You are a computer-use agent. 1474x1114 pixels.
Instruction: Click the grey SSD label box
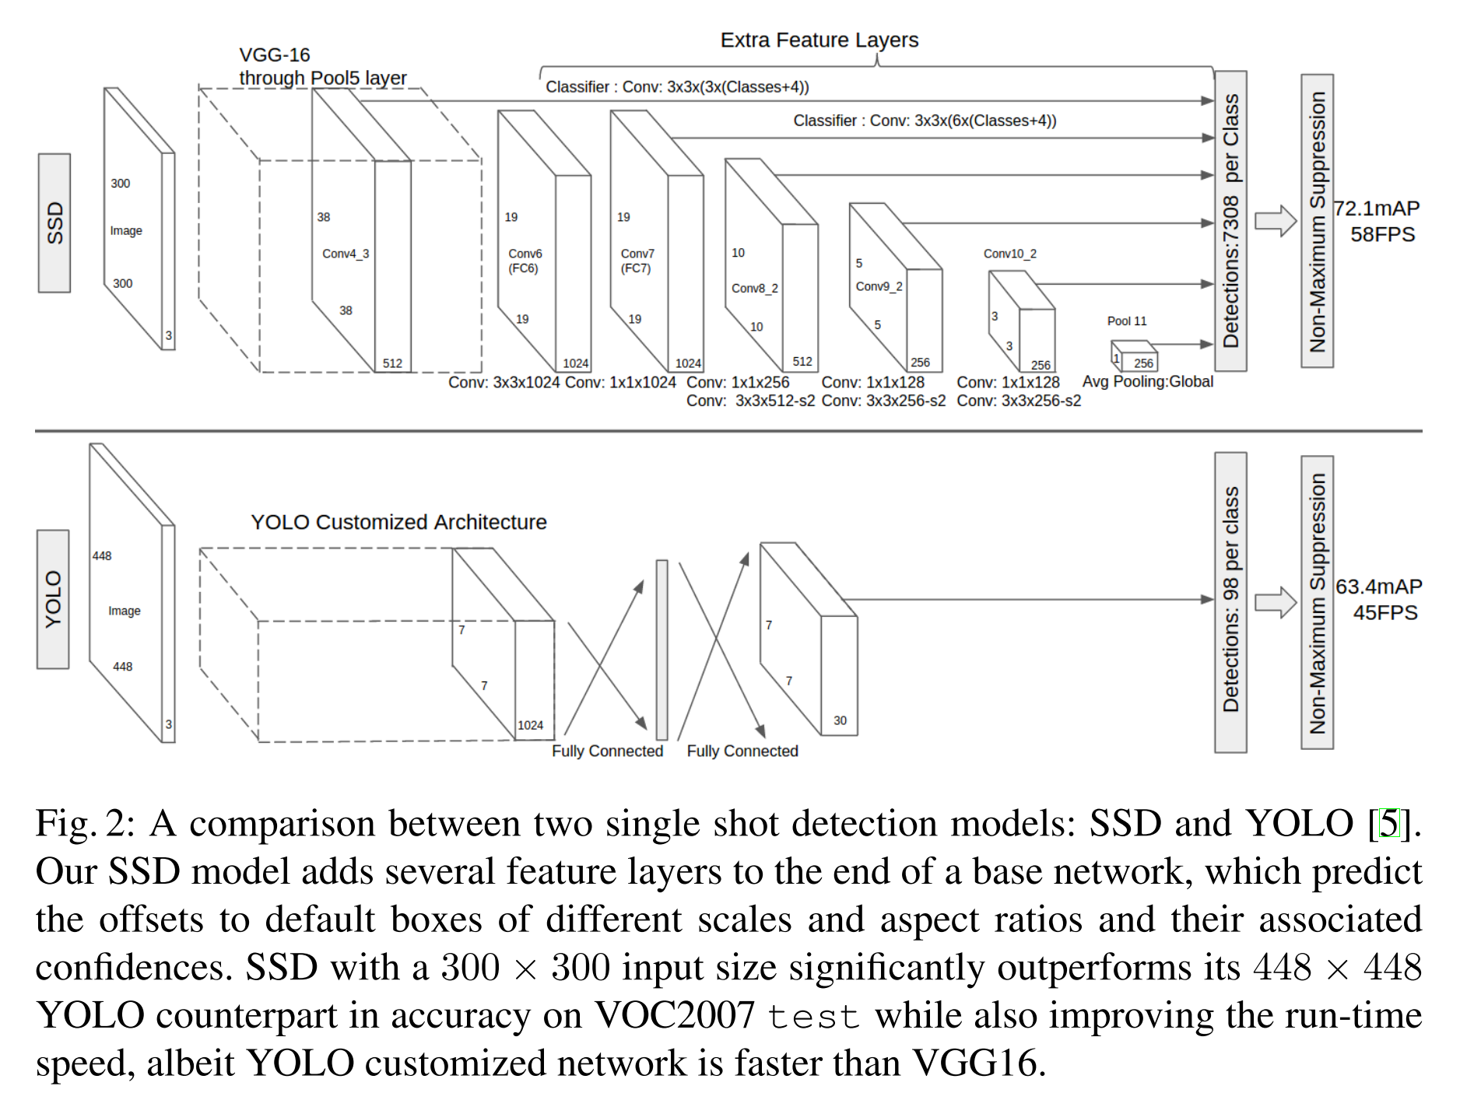(x=54, y=223)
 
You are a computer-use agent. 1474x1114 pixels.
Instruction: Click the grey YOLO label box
(x=53, y=599)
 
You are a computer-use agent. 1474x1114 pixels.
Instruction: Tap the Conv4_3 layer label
(x=346, y=254)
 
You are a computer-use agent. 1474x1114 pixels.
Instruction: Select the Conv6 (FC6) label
(x=525, y=261)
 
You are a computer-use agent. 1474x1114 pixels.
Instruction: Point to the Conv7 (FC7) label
(x=637, y=261)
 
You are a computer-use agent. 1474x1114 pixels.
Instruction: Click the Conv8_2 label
(x=754, y=288)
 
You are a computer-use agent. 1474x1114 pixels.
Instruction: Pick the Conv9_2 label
(x=879, y=286)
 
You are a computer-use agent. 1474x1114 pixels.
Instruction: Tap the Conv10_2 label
(x=1009, y=254)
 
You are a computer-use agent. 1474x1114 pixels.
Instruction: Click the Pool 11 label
(x=1126, y=321)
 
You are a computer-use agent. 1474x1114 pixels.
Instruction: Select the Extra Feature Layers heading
(x=819, y=40)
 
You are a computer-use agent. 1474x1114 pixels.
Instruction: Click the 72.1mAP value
(x=1376, y=208)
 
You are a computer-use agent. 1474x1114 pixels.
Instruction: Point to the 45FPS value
(x=1385, y=612)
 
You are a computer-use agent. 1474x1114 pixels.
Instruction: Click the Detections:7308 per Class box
(x=1230, y=221)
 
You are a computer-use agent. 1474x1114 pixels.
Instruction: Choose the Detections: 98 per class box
(x=1230, y=602)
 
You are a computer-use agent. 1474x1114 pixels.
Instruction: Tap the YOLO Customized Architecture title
(x=398, y=522)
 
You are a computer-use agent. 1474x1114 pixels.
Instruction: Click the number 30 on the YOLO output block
(x=840, y=720)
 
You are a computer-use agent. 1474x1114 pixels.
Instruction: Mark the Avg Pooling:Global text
(x=1147, y=381)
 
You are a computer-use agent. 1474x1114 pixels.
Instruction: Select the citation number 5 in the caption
(x=1388, y=823)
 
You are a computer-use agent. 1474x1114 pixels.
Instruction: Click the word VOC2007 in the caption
(x=674, y=1015)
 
